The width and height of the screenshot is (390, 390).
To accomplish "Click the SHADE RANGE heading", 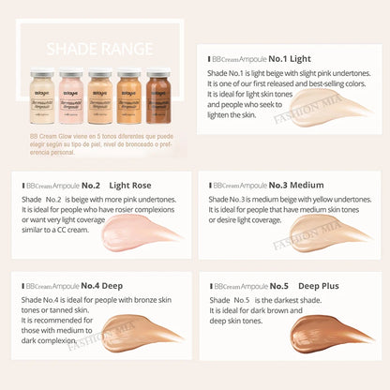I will point(97,44).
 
